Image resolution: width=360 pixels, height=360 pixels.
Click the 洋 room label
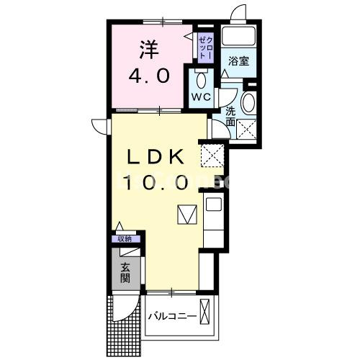[x=148, y=50]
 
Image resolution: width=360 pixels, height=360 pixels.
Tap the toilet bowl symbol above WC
[x=200, y=78]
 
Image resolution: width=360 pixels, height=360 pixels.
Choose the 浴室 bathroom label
[x=238, y=60]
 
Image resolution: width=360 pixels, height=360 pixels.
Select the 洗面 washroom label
[x=230, y=117]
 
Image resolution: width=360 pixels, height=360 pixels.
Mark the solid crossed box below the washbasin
[x=249, y=130]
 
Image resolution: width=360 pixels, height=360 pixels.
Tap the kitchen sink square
[x=214, y=205]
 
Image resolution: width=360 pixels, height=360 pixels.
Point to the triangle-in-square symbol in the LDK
[x=186, y=215]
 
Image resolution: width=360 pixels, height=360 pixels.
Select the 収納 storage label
[x=125, y=238]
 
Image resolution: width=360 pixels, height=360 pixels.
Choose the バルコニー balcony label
[x=173, y=318]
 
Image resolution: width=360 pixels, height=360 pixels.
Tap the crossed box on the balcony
[x=207, y=315]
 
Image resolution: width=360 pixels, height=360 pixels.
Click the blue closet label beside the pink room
[x=205, y=48]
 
